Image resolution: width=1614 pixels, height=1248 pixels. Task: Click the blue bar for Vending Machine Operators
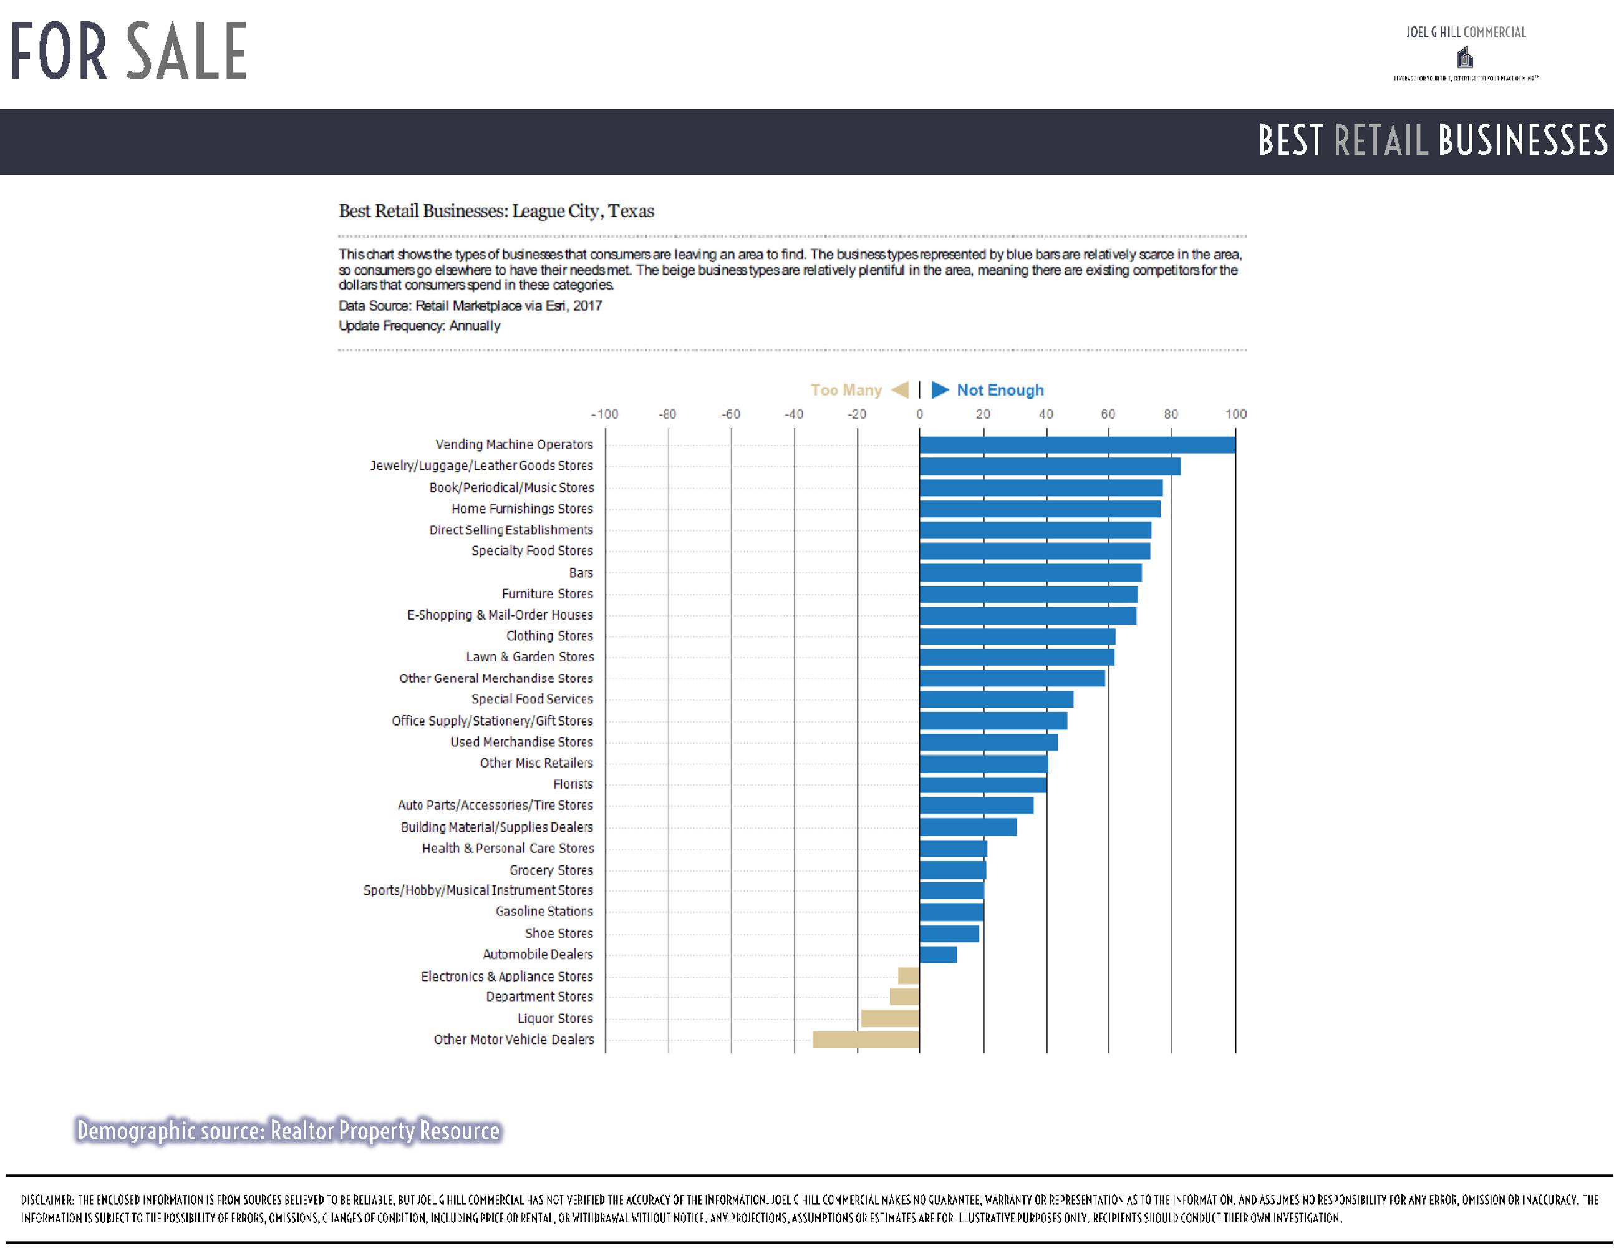point(1078,444)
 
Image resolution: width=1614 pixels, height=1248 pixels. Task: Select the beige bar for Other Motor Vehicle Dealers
point(866,1040)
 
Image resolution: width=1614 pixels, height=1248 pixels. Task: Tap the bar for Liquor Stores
point(890,1018)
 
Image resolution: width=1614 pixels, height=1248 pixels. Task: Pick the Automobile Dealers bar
point(938,955)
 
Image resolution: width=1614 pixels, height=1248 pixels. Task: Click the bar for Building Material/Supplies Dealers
point(968,827)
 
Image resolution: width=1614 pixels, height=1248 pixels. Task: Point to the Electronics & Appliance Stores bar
point(908,976)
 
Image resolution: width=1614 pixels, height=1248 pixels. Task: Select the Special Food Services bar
point(996,699)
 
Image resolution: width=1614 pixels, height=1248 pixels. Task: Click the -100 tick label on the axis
point(604,414)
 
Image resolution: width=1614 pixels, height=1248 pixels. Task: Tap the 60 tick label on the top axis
point(1108,414)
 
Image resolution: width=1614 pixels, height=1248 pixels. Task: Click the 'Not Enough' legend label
point(1000,389)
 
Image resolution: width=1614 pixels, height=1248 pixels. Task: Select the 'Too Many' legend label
point(846,389)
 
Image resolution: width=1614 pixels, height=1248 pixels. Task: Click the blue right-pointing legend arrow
point(939,389)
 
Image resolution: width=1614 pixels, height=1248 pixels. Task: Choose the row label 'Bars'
point(581,572)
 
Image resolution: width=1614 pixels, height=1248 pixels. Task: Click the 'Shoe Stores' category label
point(559,933)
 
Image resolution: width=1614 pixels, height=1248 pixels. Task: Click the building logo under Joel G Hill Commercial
point(1465,57)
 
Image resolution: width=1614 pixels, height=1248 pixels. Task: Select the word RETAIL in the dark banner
point(1381,140)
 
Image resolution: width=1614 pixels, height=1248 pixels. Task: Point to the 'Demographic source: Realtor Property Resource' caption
point(288,1131)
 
